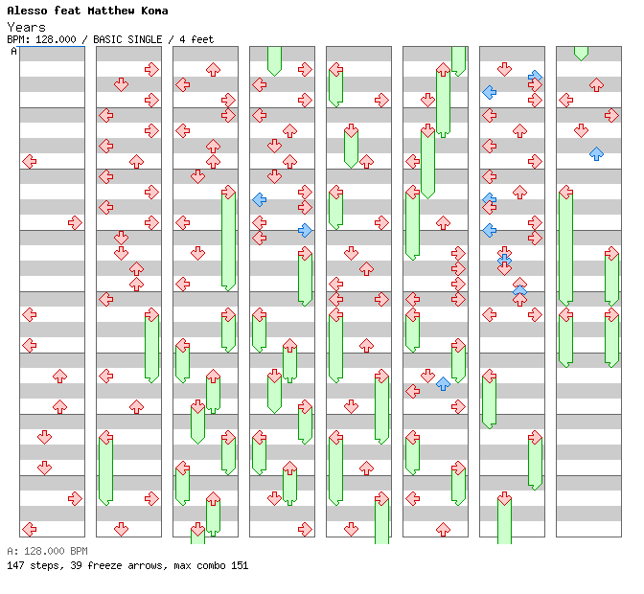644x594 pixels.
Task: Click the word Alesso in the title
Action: [26, 11]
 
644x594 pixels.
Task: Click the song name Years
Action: [26, 27]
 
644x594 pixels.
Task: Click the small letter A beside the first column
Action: [14, 52]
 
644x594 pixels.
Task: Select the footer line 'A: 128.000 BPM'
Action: [47, 551]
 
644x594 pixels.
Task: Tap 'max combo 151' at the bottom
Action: [211, 565]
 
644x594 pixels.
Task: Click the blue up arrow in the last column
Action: [596, 153]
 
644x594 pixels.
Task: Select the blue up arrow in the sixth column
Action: [443, 383]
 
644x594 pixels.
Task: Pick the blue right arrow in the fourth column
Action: [305, 230]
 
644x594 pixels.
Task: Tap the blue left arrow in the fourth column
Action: [259, 199]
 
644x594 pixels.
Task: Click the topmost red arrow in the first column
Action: [29, 161]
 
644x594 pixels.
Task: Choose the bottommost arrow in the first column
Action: [29, 529]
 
